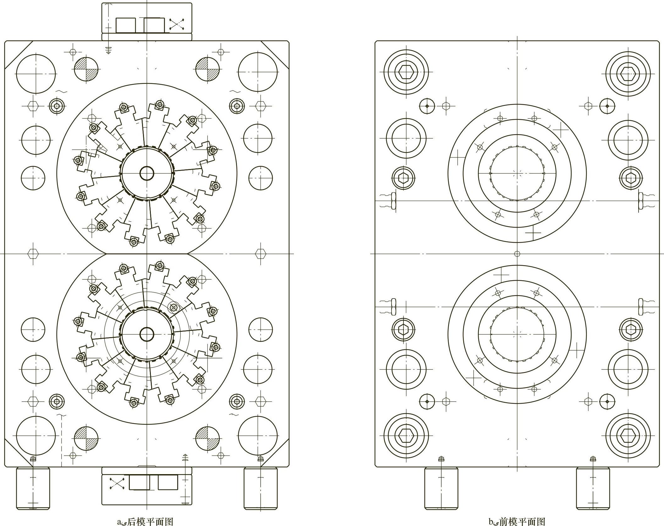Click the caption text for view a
tap(145, 521)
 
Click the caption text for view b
tap(517, 521)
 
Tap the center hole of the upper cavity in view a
tap(146, 173)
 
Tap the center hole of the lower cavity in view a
tap(146, 334)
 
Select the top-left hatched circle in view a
tap(86, 69)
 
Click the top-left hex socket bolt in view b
tap(406, 72)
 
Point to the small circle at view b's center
tap(517, 254)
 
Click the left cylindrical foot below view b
tap(441, 492)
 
